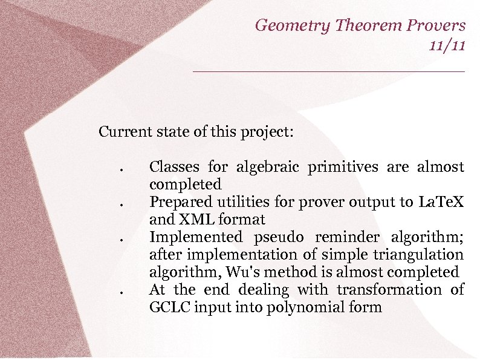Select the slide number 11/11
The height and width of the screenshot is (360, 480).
(447, 45)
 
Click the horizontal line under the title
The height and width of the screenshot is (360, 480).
(329, 71)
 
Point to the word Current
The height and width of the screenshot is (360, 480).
(123, 131)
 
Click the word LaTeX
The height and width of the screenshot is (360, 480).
(441, 201)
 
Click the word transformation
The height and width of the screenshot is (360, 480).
(388, 290)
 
